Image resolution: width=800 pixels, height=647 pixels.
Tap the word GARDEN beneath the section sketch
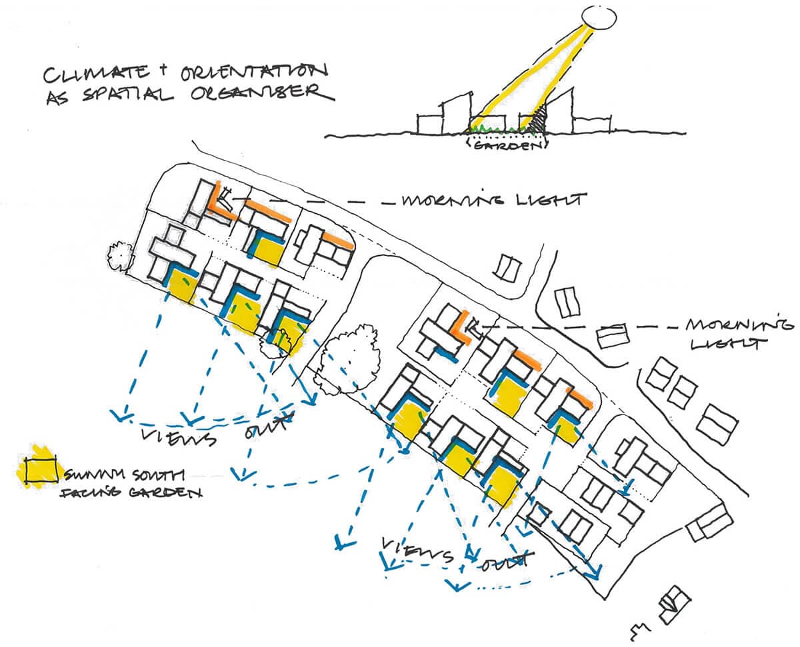coord(505,145)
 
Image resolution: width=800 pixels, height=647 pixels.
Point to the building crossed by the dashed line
coord(613,335)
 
